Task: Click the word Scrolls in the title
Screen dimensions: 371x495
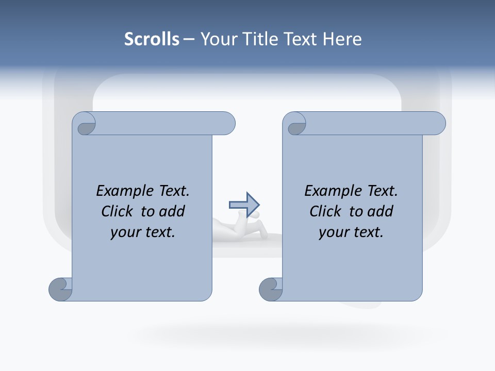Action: [152, 39]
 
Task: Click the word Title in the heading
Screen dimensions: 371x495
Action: [259, 39]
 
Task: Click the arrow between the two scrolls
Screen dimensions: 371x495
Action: [244, 205]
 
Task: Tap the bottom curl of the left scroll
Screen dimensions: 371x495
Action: [60, 289]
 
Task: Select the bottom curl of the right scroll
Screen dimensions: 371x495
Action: [271, 289]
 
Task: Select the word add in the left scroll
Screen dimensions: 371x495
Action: [173, 211]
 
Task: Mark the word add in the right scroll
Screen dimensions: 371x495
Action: [381, 211]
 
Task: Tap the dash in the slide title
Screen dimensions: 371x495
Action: [189, 39]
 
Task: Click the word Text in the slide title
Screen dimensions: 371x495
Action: [301, 39]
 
